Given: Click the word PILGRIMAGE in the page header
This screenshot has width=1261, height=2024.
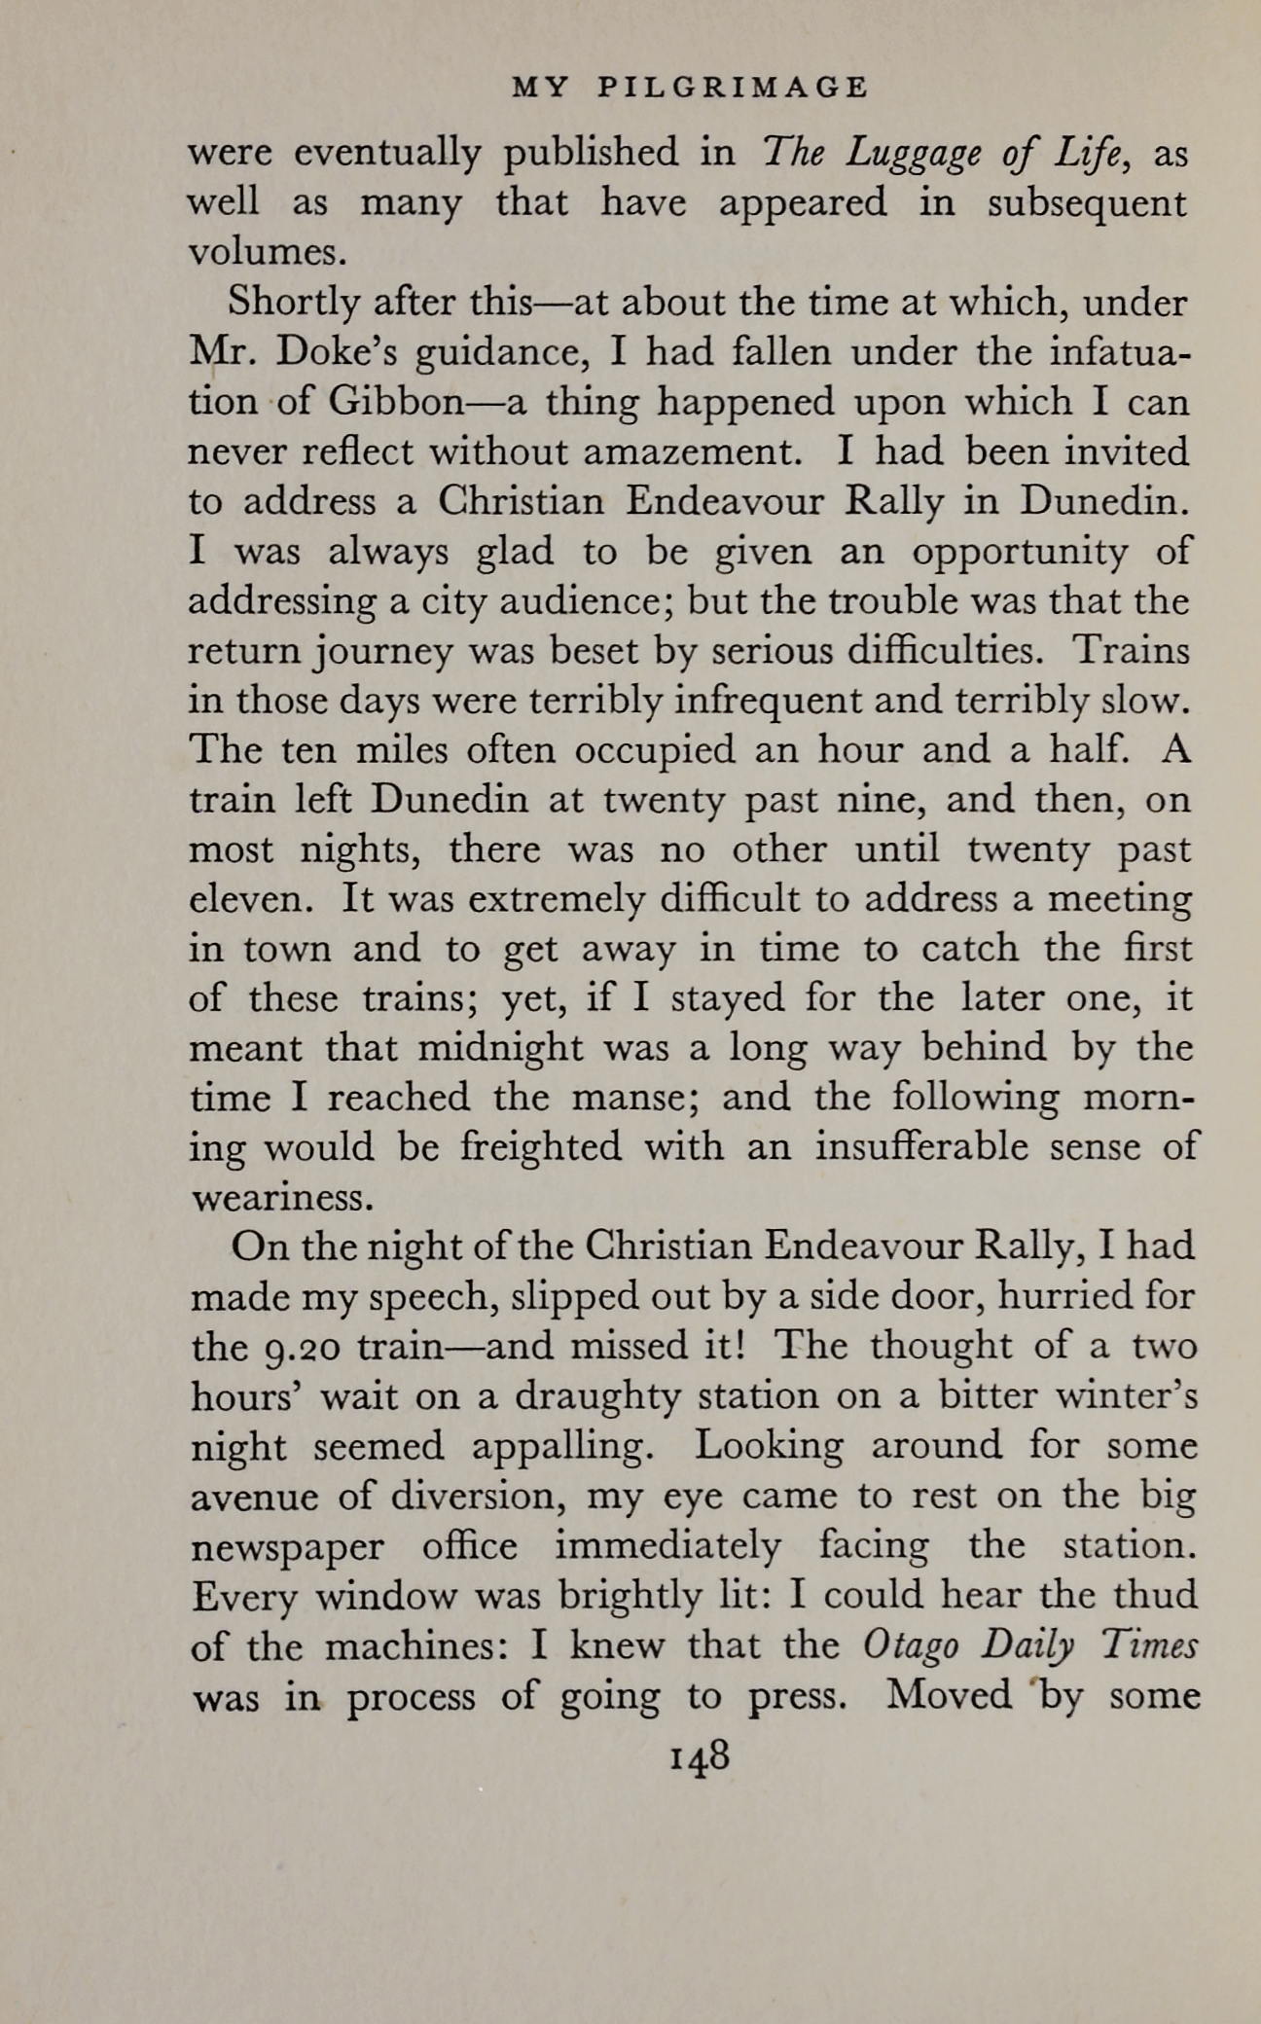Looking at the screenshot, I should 732,88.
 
